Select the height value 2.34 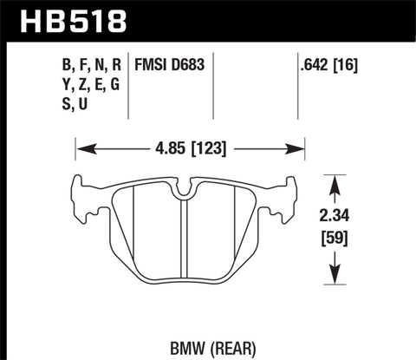334,216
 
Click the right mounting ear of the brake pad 291,192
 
